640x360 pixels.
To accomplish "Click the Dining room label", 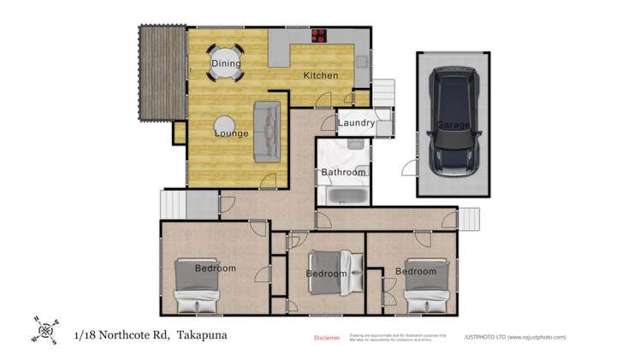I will [x=226, y=63].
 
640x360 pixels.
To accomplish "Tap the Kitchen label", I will [x=321, y=75].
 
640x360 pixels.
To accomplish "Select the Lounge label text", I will [x=231, y=133].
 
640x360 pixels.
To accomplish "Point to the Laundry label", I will [x=356, y=123].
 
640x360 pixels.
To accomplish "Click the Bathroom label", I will [x=343, y=173].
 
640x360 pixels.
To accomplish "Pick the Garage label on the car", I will [x=453, y=125].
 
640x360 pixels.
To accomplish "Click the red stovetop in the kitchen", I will [x=320, y=36].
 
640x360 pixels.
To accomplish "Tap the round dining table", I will [x=226, y=62].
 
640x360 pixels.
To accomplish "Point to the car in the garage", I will [x=453, y=122].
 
